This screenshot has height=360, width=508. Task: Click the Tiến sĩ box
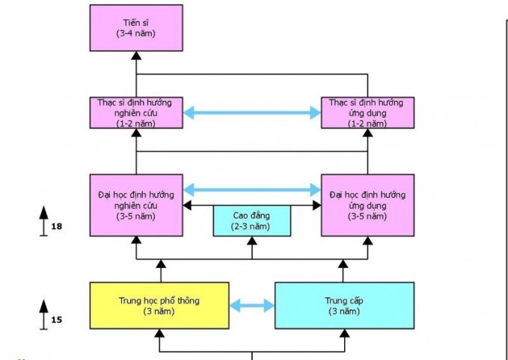tap(135, 28)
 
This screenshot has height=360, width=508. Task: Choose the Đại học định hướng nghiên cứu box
tap(135, 205)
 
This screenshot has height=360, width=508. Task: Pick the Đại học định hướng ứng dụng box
tap(367, 205)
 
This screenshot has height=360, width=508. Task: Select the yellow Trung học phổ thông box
tap(160, 305)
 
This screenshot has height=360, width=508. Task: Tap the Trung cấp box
tap(343, 305)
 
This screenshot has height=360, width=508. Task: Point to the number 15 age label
tap(57, 320)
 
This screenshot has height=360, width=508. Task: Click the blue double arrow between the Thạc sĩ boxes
tap(251, 113)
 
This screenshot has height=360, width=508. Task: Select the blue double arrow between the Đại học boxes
tap(251, 189)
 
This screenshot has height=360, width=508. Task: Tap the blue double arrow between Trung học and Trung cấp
tap(251, 305)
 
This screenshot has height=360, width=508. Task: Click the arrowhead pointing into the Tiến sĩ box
tap(135, 56)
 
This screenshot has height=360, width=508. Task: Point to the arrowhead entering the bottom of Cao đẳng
tap(251, 241)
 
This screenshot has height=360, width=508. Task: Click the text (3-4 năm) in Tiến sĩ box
tap(135, 34)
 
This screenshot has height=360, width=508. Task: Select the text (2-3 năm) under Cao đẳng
tap(251, 226)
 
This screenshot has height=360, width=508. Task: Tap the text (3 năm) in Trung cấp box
tap(343, 311)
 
